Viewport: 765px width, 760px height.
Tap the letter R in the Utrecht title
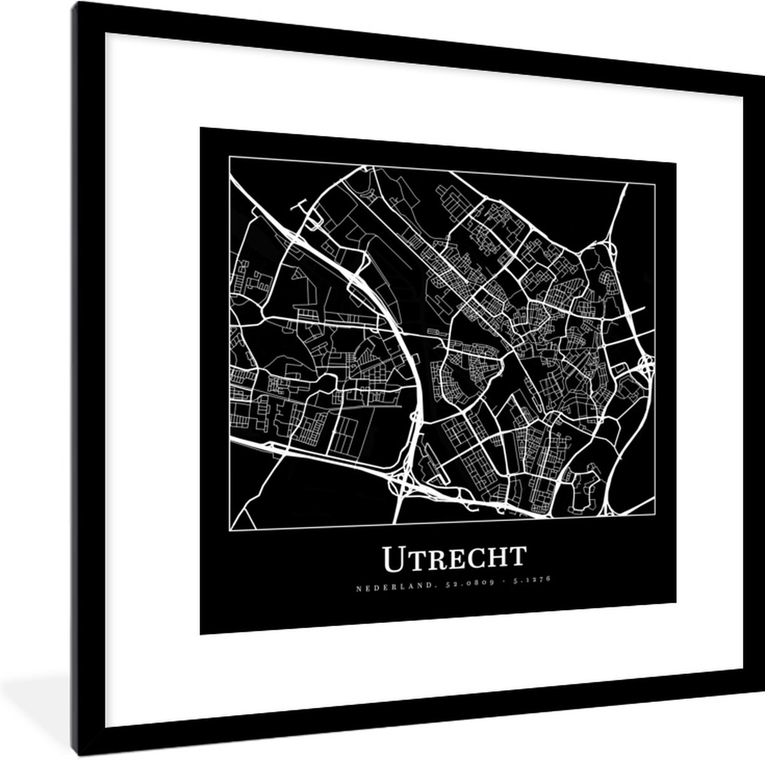point(436,559)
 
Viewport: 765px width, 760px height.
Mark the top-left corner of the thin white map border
point(229,158)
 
